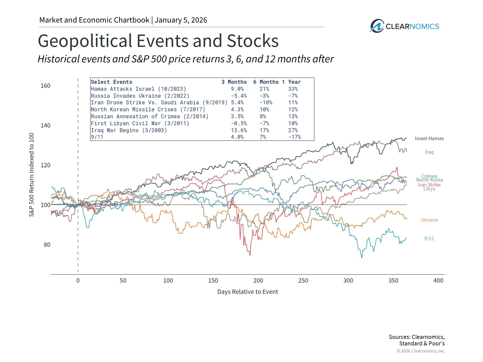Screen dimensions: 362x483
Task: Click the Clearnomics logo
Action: pos(404,26)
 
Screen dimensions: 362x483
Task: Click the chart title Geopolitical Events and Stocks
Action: pos(158,41)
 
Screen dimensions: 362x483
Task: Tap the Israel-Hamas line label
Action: pos(429,139)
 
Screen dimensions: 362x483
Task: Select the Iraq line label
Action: pos(429,152)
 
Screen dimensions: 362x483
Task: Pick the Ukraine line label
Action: pos(429,220)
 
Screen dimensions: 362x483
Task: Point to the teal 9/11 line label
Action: pos(429,239)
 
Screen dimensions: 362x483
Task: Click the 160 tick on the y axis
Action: pos(46,86)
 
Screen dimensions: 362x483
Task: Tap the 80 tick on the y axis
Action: pos(47,245)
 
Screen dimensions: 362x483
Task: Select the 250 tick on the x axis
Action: pos(303,281)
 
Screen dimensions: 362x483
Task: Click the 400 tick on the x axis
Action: pos(438,281)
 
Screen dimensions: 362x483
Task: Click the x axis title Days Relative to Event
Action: pos(248,292)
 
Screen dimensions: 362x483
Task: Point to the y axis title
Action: pos(31,175)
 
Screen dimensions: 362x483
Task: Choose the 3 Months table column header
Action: pos(234,82)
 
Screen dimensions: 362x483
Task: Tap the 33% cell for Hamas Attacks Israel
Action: pos(293,89)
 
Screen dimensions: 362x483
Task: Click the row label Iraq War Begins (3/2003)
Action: pos(129,130)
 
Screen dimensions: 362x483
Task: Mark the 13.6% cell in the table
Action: pos(239,130)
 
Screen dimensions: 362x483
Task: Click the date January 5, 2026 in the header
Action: pos(181,20)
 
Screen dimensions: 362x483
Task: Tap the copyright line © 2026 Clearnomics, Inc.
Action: pos(421,351)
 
